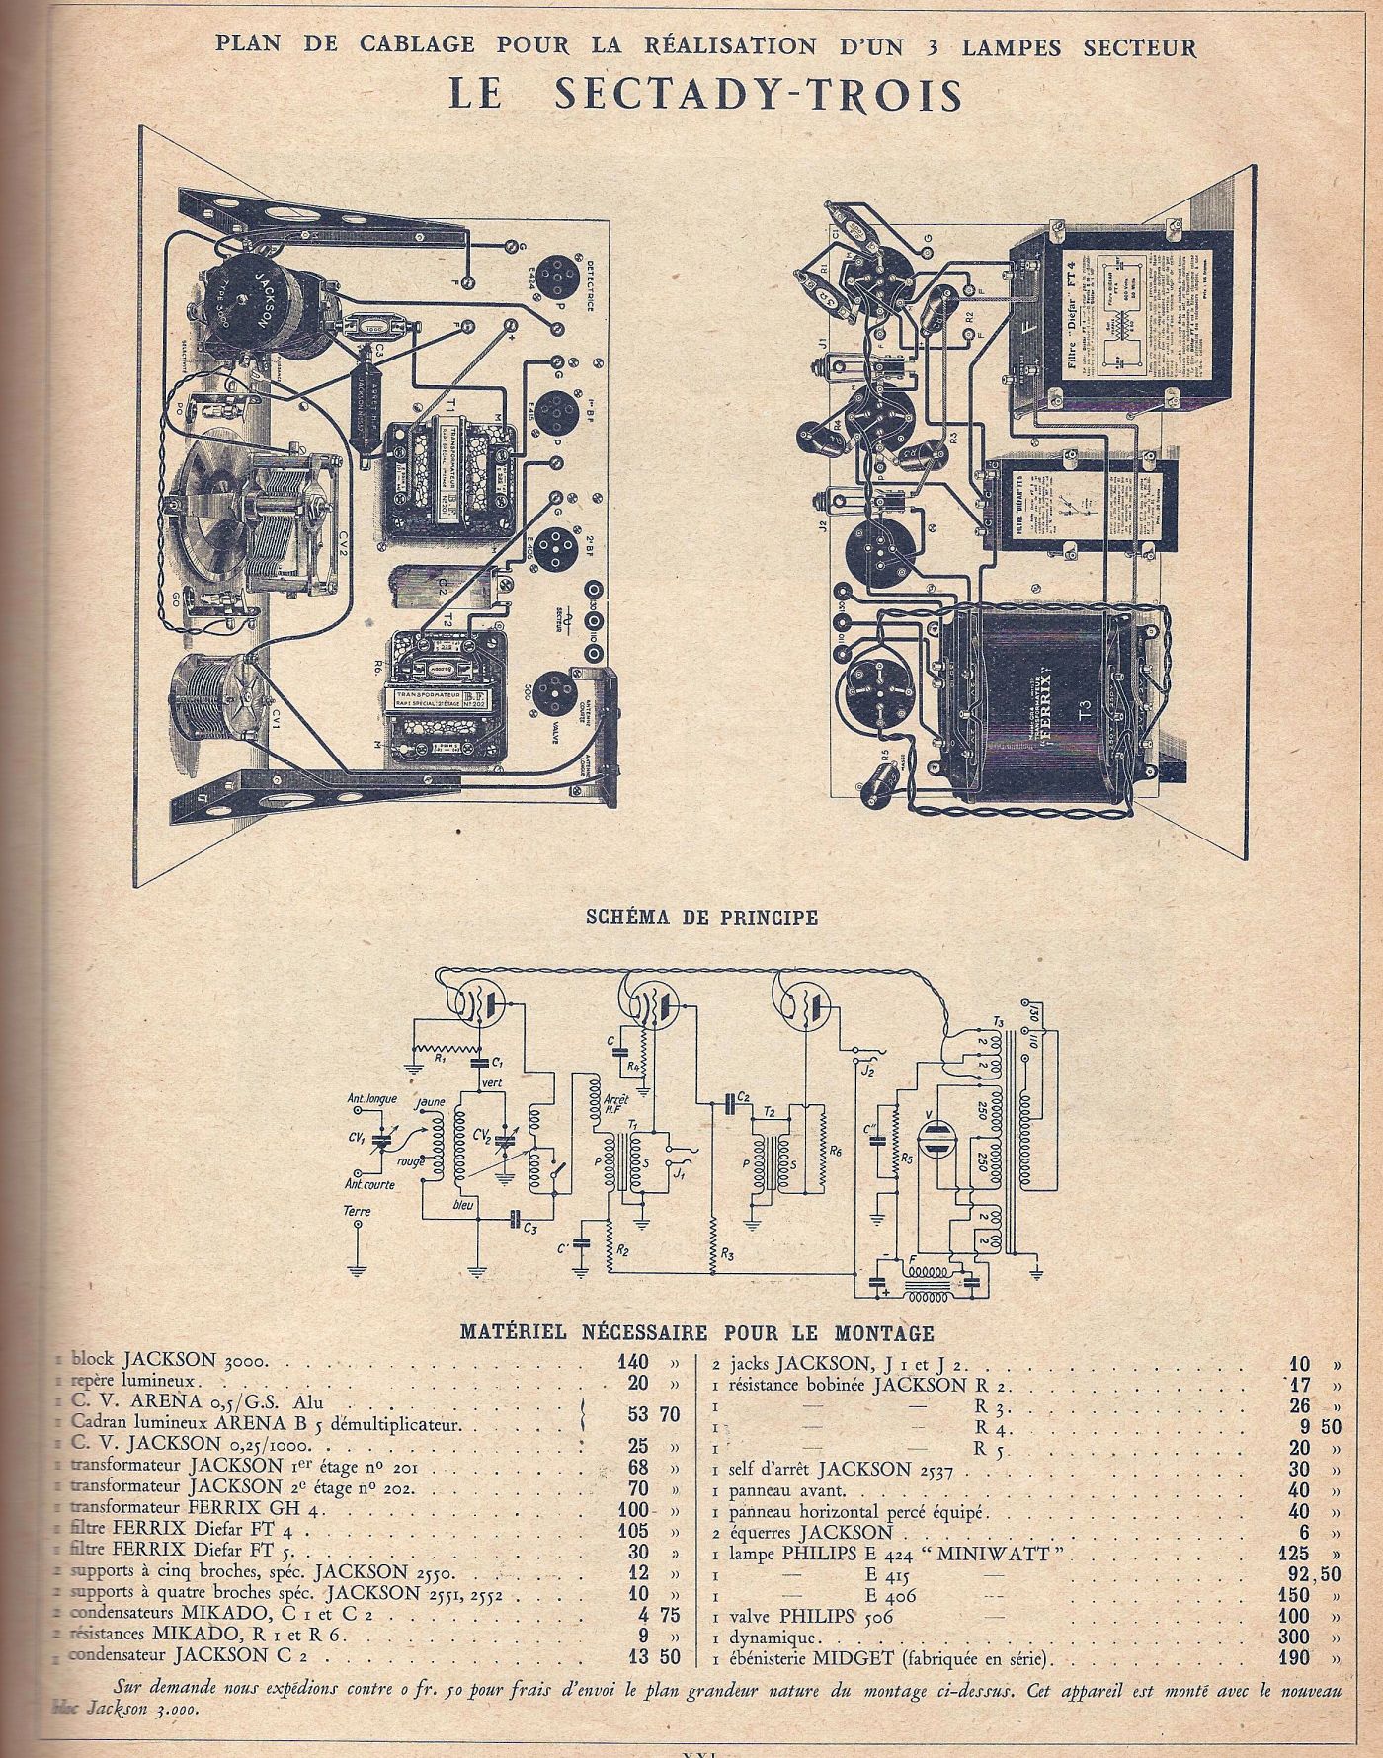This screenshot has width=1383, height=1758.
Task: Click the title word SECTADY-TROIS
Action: click(759, 94)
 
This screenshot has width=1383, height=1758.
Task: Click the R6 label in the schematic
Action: click(835, 1151)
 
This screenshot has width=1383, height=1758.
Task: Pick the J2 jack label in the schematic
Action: click(867, 1069)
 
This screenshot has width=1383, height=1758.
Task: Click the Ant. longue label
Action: click(366, 1098)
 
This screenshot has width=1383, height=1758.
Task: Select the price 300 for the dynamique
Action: click(1298, 1636)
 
